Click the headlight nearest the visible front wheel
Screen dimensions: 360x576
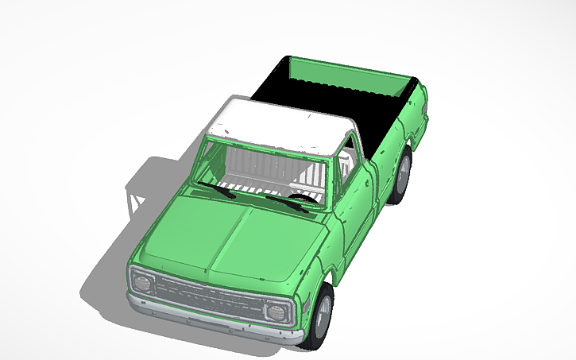coord(276,311)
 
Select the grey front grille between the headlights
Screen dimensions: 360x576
coord(208,296)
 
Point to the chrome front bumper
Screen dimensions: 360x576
coord(215,319)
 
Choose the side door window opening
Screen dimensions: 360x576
coord(346,171)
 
